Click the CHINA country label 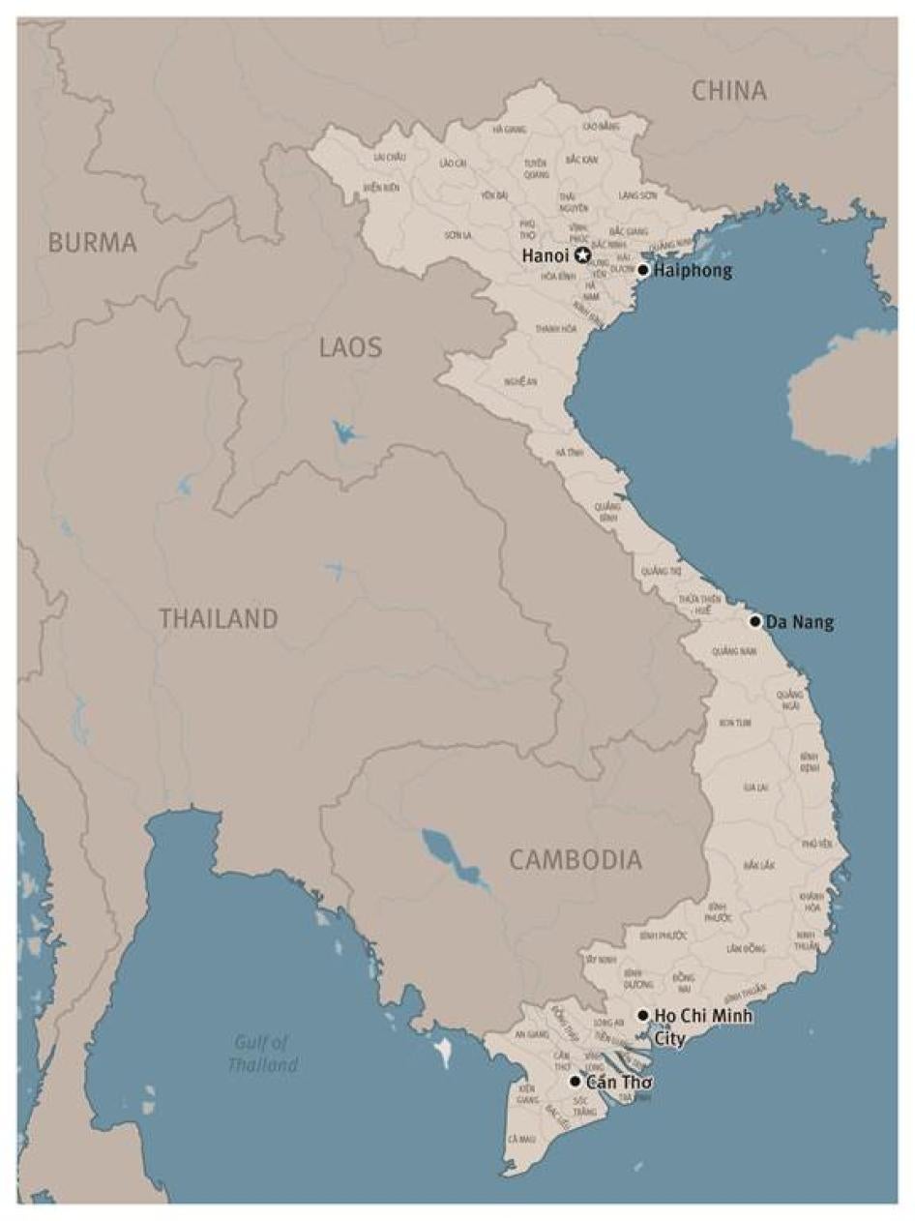729,92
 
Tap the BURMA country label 93,243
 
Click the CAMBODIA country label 575,859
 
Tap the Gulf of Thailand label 262,1054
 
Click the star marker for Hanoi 583,255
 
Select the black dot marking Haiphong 643,270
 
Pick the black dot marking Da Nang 755,621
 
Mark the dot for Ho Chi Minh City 643,1015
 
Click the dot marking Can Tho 576,1081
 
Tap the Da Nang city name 799,622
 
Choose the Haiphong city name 693,271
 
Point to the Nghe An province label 520,381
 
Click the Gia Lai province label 755,787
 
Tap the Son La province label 457,235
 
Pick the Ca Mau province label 520,1139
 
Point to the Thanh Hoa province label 556,329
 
